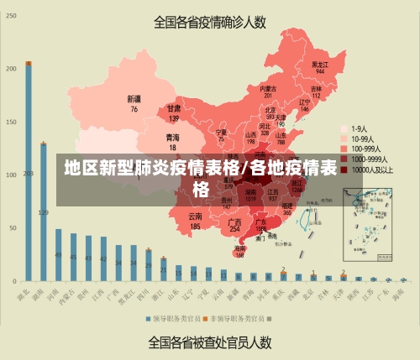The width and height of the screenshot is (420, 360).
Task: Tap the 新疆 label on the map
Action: coord(133,103)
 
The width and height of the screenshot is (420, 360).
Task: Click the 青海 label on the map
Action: coord(172,140)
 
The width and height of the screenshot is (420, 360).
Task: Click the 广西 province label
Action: coord(235,224)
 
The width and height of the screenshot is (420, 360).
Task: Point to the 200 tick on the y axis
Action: coord(11,69)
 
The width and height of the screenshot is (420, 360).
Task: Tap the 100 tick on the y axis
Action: coord(11,175)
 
